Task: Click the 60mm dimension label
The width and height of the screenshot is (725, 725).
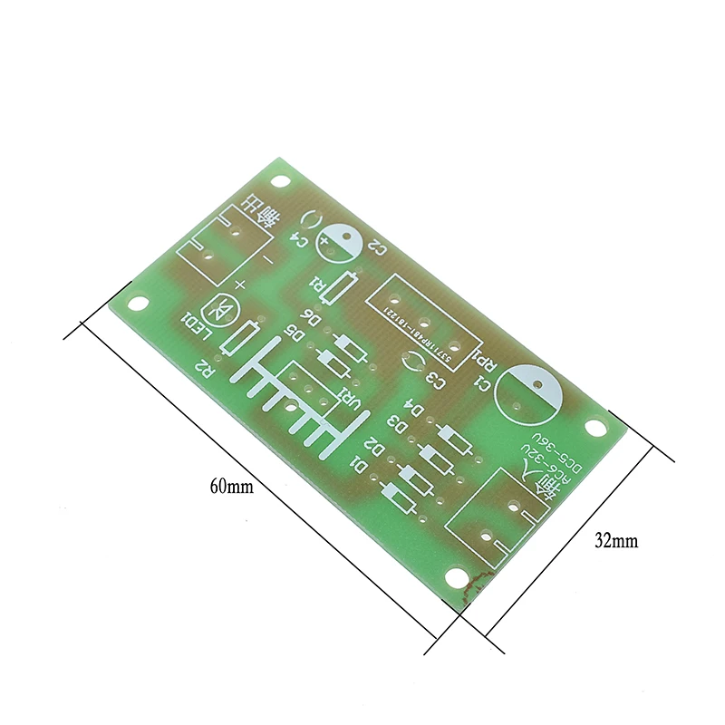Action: tap(232, 486)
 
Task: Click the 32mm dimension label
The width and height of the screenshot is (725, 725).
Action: tap(616, 541)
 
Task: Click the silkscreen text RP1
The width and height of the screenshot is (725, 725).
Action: tap(486, 363)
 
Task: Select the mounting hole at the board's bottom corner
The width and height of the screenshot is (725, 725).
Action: tap(454, 574)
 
